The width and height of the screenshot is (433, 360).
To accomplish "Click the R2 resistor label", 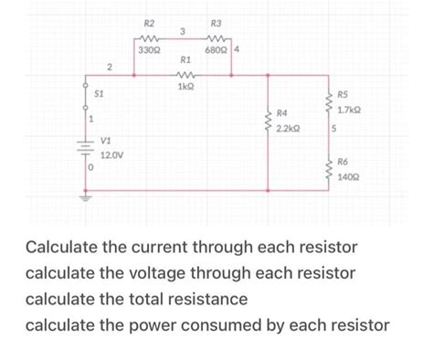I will [x=150, y=22].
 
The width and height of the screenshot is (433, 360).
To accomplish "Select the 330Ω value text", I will [x=147, y=48].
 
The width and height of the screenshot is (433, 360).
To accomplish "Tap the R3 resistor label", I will [x=216, y=22].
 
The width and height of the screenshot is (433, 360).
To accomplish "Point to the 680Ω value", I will [x=216, y=48].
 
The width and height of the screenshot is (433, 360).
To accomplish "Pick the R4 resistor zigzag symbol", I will [x=267, y=121].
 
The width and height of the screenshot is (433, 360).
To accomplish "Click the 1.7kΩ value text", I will [x=350, y=110].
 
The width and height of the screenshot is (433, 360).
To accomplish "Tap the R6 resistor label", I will [x=343, y=161].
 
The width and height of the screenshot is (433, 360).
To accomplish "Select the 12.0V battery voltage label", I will [x=112, y=156].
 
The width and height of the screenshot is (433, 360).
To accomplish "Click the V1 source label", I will [x=106, y=141].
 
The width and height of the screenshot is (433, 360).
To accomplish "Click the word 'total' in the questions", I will [x=184, y=299].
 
